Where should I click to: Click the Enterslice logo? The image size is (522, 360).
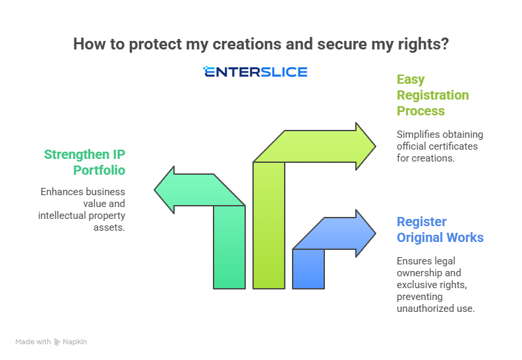click(x=255, y=72)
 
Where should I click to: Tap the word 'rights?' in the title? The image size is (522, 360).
click(x=426, y=44)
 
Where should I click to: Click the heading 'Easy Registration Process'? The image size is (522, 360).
click(x=432, y=95)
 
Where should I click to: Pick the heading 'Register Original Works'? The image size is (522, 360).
click(x=440, y=229)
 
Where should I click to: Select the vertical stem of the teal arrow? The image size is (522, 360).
click(x=229, y=251)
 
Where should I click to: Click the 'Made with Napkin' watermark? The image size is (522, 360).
click(x=51, y=342)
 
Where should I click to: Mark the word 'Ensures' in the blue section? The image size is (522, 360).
click(x=415, y=261)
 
